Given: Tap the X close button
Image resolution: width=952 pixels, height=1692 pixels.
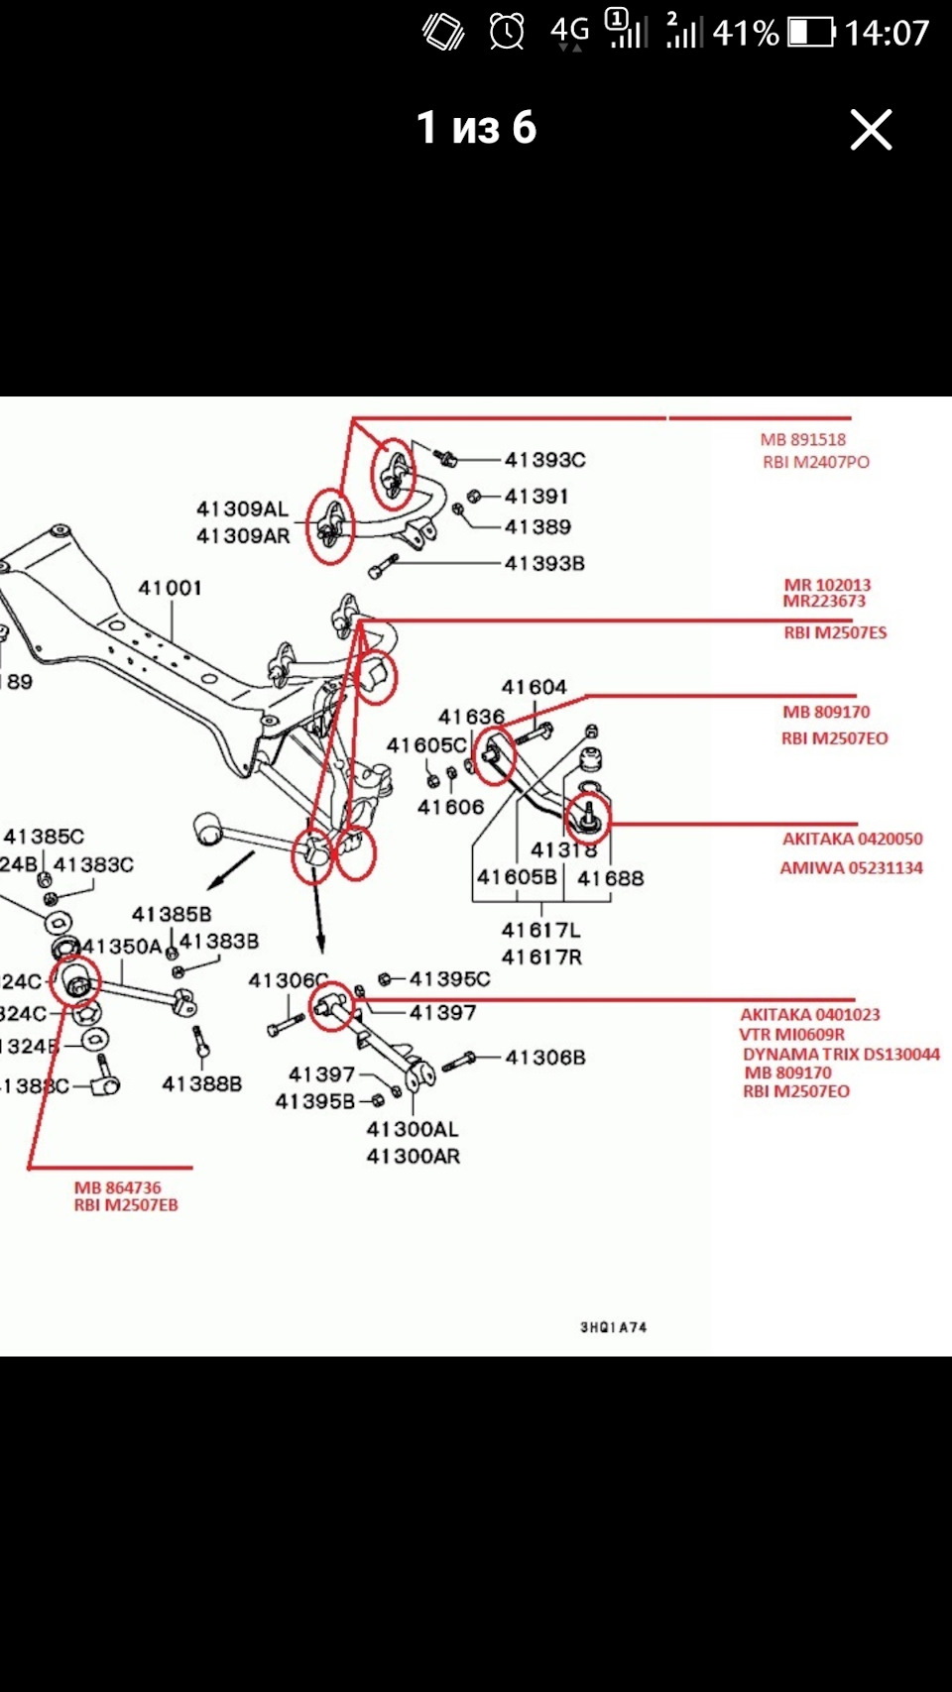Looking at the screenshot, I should point(871,130).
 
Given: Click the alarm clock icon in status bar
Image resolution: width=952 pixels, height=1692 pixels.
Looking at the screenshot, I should point(507,32).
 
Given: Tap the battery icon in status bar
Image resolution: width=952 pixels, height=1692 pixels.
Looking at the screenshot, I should point(811,33).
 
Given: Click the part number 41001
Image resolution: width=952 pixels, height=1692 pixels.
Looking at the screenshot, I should point(170,588).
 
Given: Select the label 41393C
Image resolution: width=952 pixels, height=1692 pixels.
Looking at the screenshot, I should point(544,460).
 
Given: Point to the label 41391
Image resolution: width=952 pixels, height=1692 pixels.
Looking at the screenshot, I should point(536,496).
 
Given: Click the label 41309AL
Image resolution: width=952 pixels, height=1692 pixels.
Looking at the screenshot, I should point(242,509).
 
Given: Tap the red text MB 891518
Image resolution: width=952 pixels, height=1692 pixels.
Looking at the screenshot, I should point(803,439).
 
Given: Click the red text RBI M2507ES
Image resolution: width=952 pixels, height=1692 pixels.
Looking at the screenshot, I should point(835,632).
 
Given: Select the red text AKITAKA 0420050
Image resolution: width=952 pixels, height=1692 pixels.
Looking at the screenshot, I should point(852,839).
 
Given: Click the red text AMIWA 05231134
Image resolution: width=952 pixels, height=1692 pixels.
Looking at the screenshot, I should point(851,867).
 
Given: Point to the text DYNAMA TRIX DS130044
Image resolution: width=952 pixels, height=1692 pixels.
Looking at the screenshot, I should point(841,1054).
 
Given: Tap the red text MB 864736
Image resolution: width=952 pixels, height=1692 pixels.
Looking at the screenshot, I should point(117,1187).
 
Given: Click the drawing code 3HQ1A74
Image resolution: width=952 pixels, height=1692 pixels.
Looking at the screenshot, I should point(613,1327).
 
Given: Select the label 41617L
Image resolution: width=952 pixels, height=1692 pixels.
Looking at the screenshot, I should point(540,931).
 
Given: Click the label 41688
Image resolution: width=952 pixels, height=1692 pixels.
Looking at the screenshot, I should point(610,878).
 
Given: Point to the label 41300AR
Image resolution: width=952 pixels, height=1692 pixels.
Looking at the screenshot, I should point(413,1156).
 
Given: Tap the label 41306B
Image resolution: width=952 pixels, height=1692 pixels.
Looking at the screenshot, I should point(544,1058).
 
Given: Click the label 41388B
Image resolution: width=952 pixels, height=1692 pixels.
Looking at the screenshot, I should point(201,1083).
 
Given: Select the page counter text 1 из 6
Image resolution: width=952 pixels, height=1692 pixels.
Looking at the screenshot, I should point(476,128).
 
